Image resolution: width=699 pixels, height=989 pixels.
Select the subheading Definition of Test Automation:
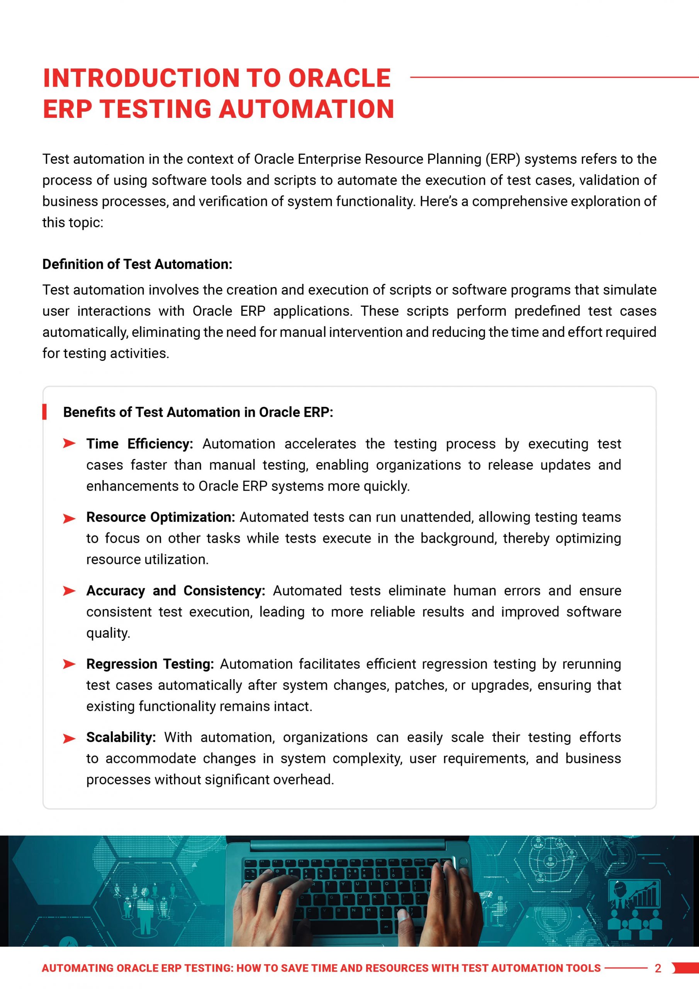137,264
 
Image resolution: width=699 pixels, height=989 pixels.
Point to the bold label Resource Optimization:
161,517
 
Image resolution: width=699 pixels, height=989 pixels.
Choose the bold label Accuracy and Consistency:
176,591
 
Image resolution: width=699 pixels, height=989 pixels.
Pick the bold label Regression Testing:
150,664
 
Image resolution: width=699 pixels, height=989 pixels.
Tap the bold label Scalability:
121,737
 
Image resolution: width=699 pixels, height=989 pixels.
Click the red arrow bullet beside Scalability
69,739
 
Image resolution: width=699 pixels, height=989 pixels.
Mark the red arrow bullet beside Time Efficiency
69,444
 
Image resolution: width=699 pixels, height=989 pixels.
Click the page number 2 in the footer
658,968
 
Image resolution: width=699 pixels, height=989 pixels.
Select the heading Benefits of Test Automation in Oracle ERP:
198,412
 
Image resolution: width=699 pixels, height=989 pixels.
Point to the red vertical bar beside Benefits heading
44,412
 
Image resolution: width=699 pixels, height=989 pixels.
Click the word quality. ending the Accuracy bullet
108,633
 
